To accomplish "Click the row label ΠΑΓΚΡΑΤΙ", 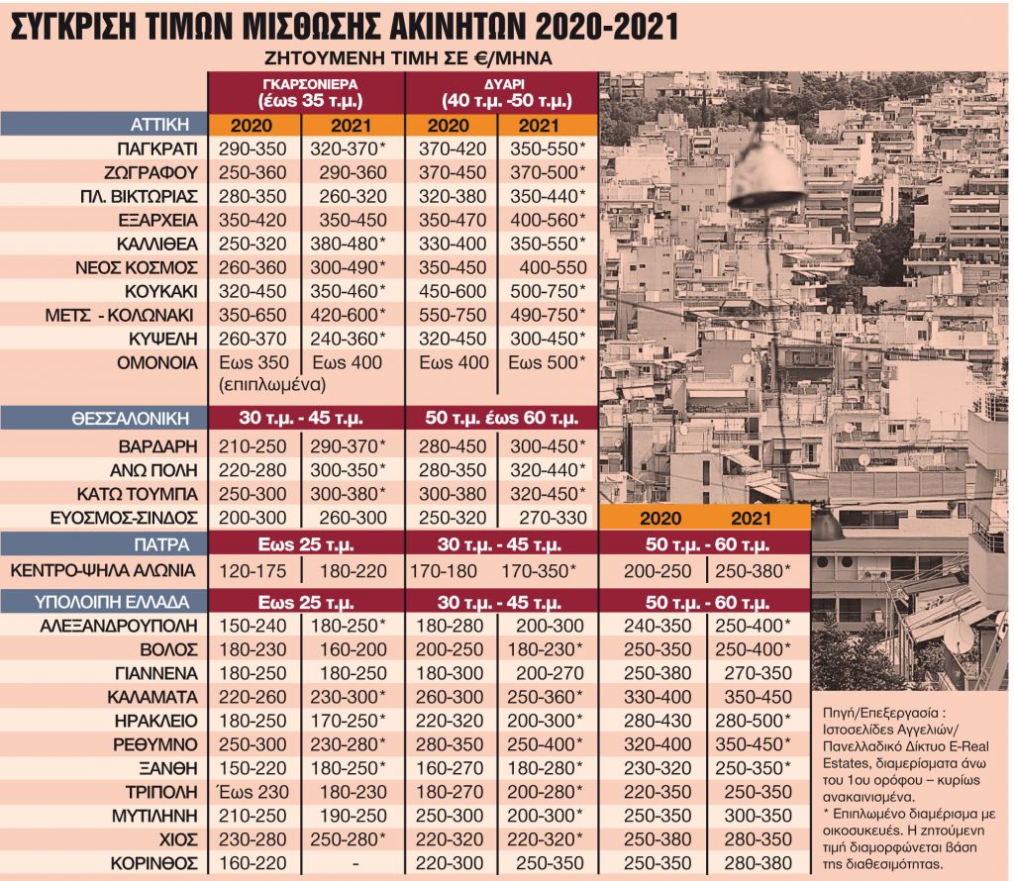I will [156, 148].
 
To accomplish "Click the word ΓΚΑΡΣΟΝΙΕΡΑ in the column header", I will [306, 84].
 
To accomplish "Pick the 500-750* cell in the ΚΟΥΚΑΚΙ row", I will [548, 291].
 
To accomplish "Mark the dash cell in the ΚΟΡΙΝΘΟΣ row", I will [354, 862].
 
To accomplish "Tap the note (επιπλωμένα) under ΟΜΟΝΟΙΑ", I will [255, 384].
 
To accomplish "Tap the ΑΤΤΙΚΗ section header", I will [160, 125].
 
